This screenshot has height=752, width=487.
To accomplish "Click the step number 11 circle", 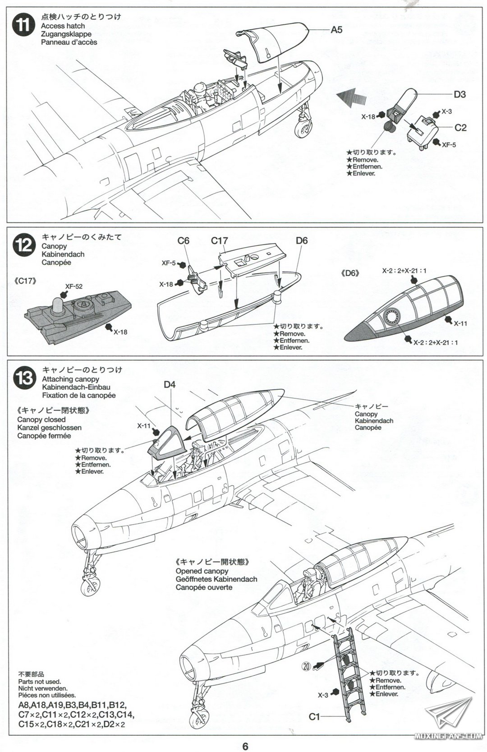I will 23,25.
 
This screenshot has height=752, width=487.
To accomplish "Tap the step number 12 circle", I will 23,246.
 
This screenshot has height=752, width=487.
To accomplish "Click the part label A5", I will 336,30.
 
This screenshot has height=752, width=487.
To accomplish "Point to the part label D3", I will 459,94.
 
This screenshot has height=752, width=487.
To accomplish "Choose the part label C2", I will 460,128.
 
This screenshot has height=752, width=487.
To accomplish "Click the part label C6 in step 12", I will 183,241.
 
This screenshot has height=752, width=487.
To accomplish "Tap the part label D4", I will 170,385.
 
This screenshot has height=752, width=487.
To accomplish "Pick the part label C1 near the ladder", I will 314,716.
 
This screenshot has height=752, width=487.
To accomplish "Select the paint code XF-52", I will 74,286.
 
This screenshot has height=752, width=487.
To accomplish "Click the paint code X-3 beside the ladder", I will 322,695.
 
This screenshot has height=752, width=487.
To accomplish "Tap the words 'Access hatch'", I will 63,26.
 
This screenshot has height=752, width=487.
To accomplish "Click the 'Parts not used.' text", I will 40,682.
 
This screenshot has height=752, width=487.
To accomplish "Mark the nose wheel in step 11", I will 302,129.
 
